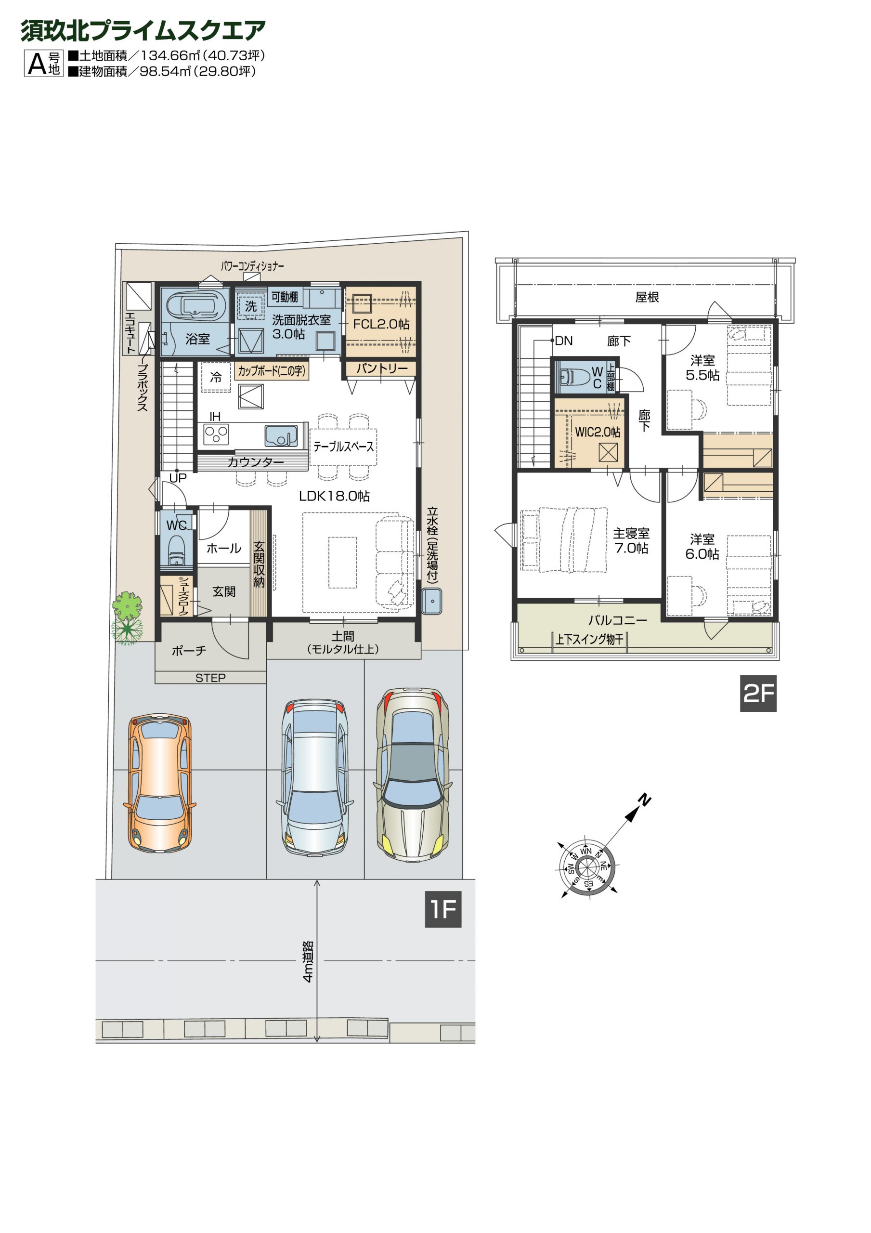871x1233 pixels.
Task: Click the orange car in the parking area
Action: (x=159, y=784)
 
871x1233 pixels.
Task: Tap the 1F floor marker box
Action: (x=443, y=909)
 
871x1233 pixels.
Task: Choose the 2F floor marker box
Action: (x=758, y=693)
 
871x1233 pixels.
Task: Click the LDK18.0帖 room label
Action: (x=334, y=496)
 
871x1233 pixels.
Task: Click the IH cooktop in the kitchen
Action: (x=216, y=433)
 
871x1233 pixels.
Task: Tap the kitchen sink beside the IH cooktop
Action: (x=281, y=435)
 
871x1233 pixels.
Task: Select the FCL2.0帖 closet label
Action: (x=381, y=324)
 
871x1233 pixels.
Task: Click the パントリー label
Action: (x=382, y=368)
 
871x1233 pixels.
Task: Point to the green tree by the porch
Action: (x=127, y=617)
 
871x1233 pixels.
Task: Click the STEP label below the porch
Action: (x=210, y=678)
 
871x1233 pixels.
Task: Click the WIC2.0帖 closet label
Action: (x=598, y=432)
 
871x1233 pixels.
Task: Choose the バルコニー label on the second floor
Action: (x=618, y=620)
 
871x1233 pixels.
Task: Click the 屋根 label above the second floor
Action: (x=647, y=297)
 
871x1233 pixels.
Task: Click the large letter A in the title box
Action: (x=37, y=64)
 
